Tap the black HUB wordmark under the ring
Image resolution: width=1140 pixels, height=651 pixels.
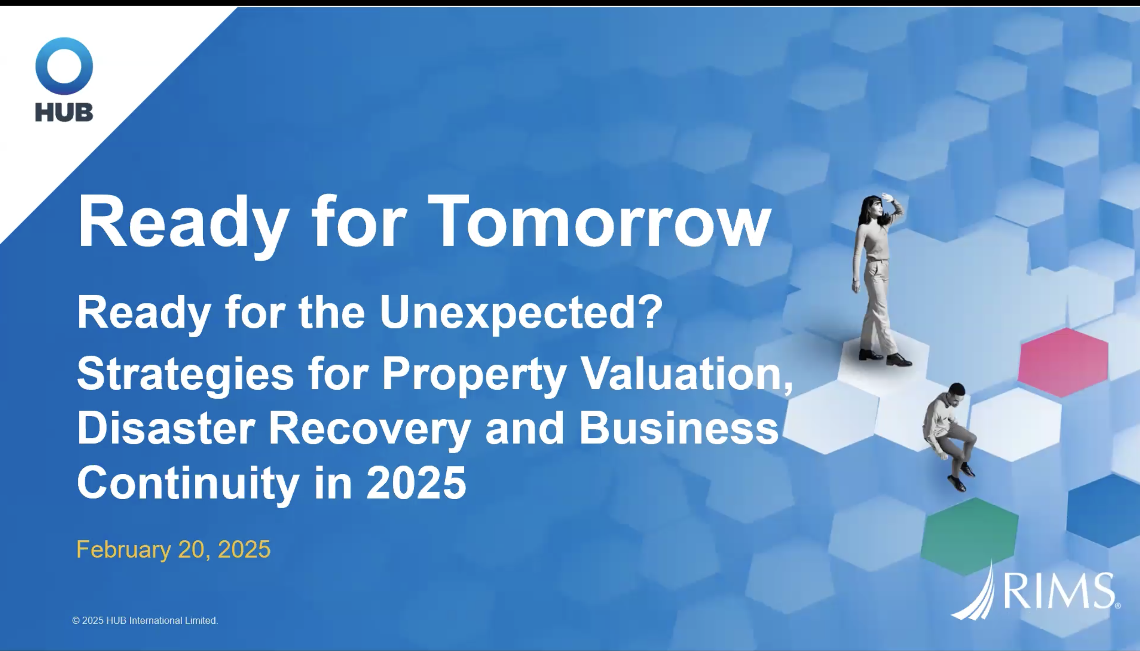[x=64, y=112]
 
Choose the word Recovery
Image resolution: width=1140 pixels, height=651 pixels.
[x=369, y=430]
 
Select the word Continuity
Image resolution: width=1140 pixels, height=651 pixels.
[x=188, y=484]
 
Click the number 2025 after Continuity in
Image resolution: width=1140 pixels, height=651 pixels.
[x=416, y=482]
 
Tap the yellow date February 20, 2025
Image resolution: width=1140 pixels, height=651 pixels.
[x=173, y=549]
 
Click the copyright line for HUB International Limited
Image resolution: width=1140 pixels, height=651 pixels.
[x=145, y=621]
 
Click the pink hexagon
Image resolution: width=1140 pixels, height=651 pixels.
[x=1063, y=362]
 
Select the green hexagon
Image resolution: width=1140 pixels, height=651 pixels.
[x=970, y=536]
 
